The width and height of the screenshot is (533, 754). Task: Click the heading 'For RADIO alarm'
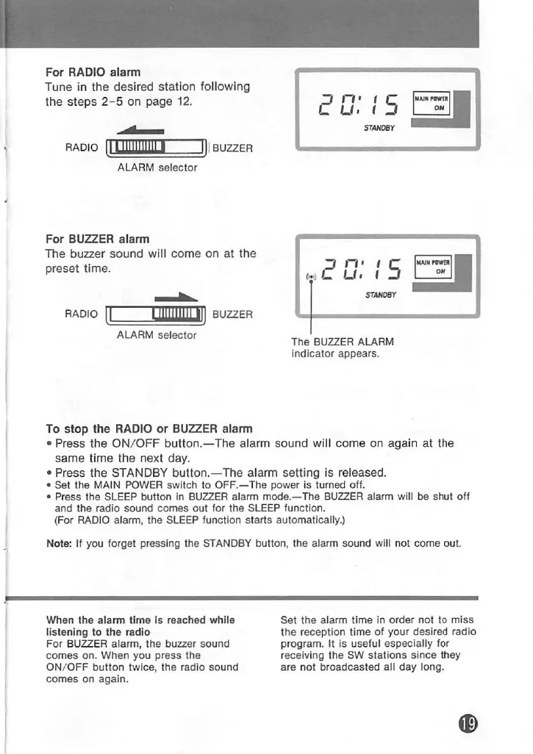[93, 72]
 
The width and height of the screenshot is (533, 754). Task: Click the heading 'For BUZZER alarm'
[97, 239]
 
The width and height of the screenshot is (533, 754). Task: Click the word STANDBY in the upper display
[381, 127]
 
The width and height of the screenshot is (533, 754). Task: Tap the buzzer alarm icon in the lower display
[312, 277]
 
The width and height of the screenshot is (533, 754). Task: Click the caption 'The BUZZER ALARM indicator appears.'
[342, 348]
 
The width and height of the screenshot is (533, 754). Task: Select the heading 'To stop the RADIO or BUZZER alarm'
[149, 428]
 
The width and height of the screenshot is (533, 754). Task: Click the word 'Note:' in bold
[60, 544]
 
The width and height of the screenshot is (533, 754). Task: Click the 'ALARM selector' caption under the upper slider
[157, 168]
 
